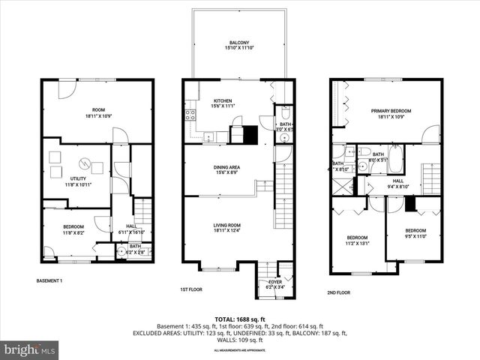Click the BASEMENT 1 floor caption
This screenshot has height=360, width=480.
coord(49,280)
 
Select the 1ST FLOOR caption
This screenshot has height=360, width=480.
coord(192,289)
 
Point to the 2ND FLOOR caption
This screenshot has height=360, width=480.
coord(338,292)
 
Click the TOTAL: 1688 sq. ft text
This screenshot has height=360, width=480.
coord(239,319)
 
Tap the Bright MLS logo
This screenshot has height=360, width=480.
coord(30,349)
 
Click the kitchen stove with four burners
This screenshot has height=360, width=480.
coord(190,115)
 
